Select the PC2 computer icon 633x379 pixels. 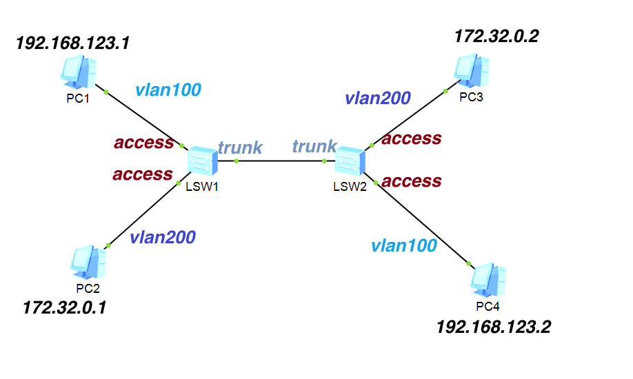88,262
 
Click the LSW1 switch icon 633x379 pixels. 202,161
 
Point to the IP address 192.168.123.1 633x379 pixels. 72,44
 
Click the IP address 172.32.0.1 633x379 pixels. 65,307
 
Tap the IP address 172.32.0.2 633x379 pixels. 496,36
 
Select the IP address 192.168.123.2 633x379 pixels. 494,326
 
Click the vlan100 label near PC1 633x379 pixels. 168,89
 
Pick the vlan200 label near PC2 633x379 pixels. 163,237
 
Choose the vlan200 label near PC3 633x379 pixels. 378,98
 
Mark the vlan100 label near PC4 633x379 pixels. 403,245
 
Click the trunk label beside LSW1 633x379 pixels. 240,147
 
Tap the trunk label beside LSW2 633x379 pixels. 314,146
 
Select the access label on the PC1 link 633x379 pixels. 143,143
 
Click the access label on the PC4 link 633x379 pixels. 411,181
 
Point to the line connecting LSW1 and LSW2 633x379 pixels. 279,161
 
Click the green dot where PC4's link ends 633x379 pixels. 468,264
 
